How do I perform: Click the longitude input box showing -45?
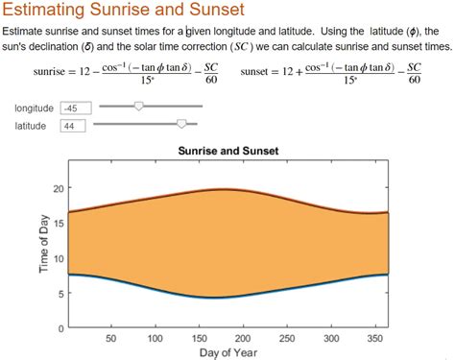click(x=74, y=108)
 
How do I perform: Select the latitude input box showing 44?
click(x=74, y=126)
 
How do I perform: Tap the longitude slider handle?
click(x=138, y=107)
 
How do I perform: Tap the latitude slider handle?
click(x=181, y=124)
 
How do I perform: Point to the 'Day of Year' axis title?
click(x=227, y=352)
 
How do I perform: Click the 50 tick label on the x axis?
click(x=110, y=338)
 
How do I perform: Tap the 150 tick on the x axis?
click(x=199, y=338)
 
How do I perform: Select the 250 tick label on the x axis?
click(x=287, y=338)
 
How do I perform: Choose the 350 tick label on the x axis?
click(x=375, y=338)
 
